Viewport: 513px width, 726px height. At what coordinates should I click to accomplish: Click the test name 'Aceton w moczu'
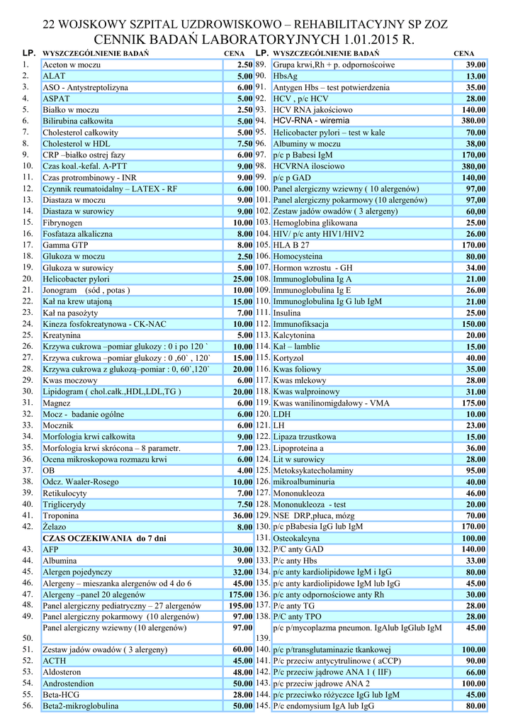pos(73,65)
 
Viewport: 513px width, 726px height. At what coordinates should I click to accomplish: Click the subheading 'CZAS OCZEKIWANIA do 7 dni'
pos(104,538)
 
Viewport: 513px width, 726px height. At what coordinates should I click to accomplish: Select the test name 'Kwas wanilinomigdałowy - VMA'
pos(330,403)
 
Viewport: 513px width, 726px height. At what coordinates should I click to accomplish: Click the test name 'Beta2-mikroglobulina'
pos(81,706)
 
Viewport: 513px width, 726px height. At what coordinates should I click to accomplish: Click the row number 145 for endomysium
pos(262,706)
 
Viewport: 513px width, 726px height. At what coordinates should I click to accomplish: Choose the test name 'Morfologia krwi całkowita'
pos(89,437)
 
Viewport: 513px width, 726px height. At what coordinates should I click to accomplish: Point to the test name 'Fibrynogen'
pos(62,223)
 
